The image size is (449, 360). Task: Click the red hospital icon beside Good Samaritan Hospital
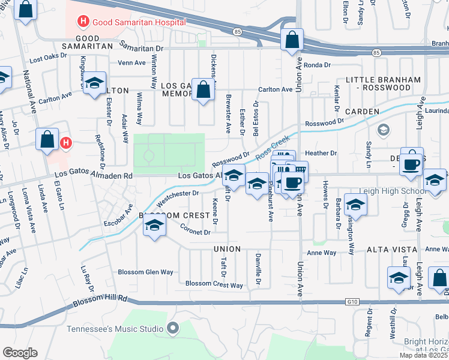pos(83,23)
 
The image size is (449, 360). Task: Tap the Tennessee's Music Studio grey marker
pos(173,328)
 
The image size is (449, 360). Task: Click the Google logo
pos(20,353)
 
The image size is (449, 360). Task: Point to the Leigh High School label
pos(386,191)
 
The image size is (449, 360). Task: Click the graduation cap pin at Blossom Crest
pos(154,226)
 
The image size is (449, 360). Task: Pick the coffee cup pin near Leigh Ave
pos(412,163)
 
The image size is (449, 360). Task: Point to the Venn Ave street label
pos(131,62)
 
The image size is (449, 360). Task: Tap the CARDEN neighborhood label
pos(362,112)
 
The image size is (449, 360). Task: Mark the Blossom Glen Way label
pos(145,272)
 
